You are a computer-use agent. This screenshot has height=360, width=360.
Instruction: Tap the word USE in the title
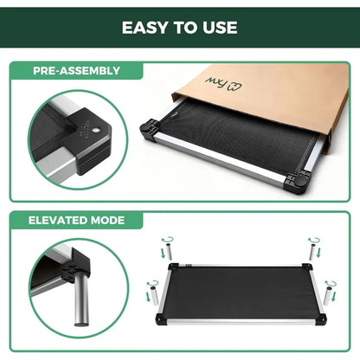[220, 27]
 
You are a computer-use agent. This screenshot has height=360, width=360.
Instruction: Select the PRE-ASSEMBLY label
[77, 70]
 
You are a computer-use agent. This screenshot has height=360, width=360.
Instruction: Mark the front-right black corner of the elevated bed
[320, 318]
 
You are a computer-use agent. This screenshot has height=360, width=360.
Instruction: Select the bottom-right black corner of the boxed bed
[298, 184]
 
